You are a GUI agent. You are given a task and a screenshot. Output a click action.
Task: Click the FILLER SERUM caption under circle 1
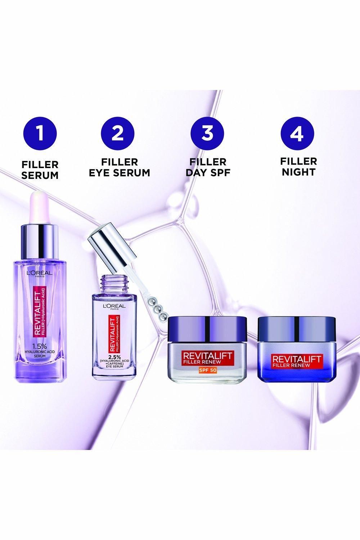(40, 170)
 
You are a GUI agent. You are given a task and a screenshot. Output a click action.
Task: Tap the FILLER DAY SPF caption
(208, 167)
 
